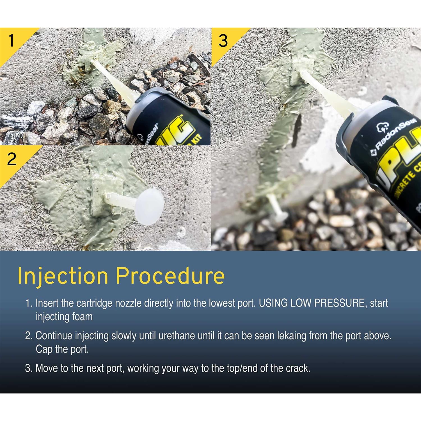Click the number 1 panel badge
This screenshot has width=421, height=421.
(x=11, y=41)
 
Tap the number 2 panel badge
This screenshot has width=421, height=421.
(x=12, y=159)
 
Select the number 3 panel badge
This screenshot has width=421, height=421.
(x=223, y=41)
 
